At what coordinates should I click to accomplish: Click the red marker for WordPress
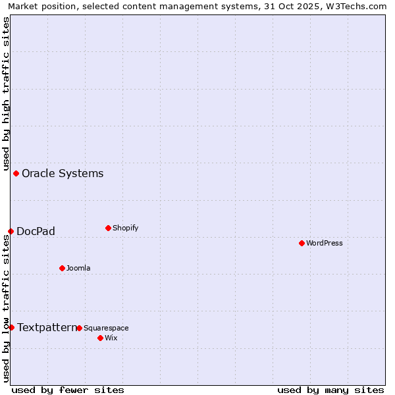click(x=302, y=243)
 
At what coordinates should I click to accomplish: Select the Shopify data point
click(x=108, y=228)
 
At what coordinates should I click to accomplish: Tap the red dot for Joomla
click(x=62, y=268)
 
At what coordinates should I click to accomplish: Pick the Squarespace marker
click(x=79, y=328)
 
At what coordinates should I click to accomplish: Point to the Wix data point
click(x=100, y=338)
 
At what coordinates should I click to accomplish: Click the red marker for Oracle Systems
click(x=16, y=173)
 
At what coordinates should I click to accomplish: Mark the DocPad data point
click(x=11, y=231)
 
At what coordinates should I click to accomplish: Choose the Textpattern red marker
click(x=11, y=327)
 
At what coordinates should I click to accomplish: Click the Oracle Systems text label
click(x=63, y=173)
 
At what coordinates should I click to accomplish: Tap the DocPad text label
click(x=36, y=231)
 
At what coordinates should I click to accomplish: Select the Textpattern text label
click(x=47, y=327)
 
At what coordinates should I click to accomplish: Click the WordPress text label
click(x=325, y=243)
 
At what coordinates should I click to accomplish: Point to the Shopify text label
click(x=125, y=228)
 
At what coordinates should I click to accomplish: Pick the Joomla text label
click(x=78, y=268)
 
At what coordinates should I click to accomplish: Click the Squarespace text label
click(x=106, y=328)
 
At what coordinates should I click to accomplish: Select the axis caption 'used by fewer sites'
click(x=68, y=390)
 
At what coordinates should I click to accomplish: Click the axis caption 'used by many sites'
click(x=330, y=390)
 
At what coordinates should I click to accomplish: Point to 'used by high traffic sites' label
click(x=6, y=93)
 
